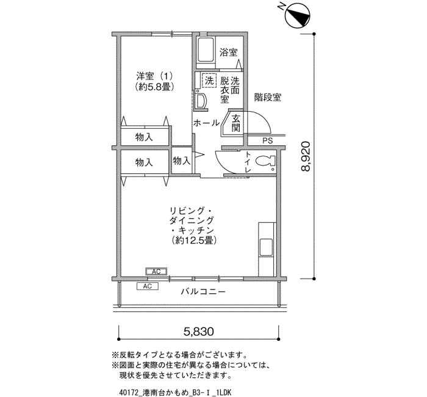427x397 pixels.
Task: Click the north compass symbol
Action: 297,15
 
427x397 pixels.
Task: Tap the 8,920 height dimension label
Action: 306,156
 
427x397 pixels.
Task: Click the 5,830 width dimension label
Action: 198,332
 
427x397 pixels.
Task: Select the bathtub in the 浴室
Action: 206,50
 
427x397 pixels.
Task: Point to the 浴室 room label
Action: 229,53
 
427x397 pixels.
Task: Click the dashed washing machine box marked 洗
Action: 209,81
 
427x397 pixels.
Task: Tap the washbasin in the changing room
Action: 201,101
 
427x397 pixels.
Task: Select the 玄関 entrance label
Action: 235,123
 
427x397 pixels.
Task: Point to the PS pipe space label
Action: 267,141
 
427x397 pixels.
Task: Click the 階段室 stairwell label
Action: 268,97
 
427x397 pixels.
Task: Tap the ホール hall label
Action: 206,123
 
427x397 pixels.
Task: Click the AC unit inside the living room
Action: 156,272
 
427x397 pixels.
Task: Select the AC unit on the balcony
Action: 148,286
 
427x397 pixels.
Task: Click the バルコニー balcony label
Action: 203,292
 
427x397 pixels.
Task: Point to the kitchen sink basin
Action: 266,247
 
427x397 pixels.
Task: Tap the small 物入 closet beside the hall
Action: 181,161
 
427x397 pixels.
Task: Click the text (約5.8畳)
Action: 154,87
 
